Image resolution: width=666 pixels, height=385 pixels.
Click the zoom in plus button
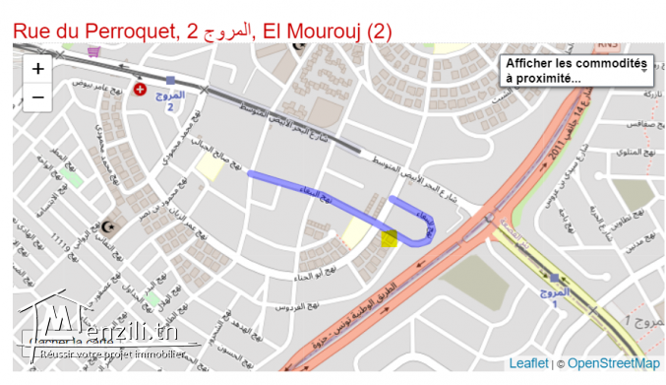[x=37, y=69]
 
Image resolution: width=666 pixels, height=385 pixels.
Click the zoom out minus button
[x=37, y=97]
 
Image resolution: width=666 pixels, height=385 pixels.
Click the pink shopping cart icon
[x=93, y=51]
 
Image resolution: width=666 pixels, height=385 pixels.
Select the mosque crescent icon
[x=110, y=227]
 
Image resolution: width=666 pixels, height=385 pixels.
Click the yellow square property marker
[x=389, y=238]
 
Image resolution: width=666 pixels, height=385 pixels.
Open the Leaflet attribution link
[x=528, y=363]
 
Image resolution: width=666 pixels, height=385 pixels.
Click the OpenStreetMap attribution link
[x=614, y=363]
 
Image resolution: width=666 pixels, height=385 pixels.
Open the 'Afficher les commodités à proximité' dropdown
[x=575, y=70]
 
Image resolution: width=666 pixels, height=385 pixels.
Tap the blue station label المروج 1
[x=555, y=296]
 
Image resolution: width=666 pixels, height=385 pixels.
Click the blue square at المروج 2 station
[x=170, y=80]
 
